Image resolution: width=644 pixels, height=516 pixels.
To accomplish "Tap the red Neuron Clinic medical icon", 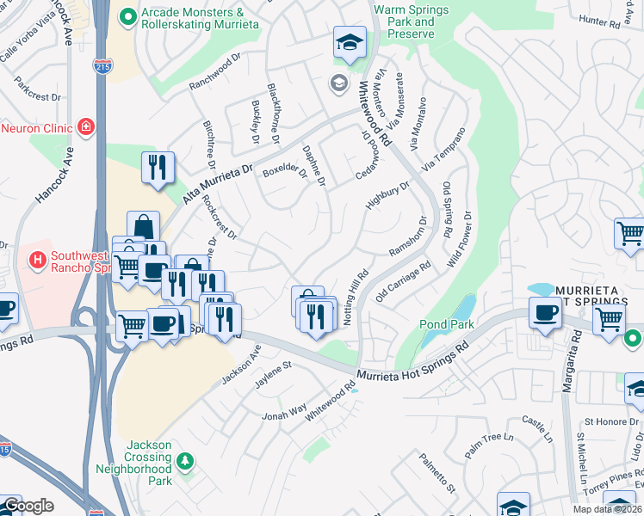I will (85, 128).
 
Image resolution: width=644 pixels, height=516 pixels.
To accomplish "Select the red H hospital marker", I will (37, 258).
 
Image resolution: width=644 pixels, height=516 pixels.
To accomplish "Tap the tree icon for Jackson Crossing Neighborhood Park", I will (184, 463).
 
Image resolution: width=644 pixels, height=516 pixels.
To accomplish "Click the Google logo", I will (28, 506).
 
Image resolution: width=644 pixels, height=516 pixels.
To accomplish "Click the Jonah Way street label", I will (286, 414).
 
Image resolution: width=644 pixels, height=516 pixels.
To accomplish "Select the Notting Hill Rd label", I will (355, 297).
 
